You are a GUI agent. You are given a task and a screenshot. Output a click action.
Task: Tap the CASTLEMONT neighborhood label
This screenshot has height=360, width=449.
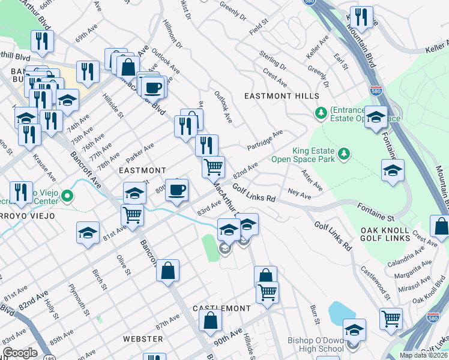tap(221, 308)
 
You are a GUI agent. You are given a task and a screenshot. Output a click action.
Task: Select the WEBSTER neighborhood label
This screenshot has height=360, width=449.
tap(143, 339)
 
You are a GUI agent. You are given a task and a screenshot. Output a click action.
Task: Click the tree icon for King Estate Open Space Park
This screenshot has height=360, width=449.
tap(344, 155)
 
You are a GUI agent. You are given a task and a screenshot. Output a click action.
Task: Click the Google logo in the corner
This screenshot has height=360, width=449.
tap(20, 353)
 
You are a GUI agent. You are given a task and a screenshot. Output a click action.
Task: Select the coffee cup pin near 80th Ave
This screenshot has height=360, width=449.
tap(176, 190)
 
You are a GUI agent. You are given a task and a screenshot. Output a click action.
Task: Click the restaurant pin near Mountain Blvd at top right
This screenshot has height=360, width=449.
tap(361, 17)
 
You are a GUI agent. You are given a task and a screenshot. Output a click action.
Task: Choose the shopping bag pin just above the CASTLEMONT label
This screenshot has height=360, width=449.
tap(210, 321)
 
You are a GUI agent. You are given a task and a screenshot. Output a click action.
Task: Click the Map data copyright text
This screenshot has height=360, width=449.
tap(424, 355)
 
